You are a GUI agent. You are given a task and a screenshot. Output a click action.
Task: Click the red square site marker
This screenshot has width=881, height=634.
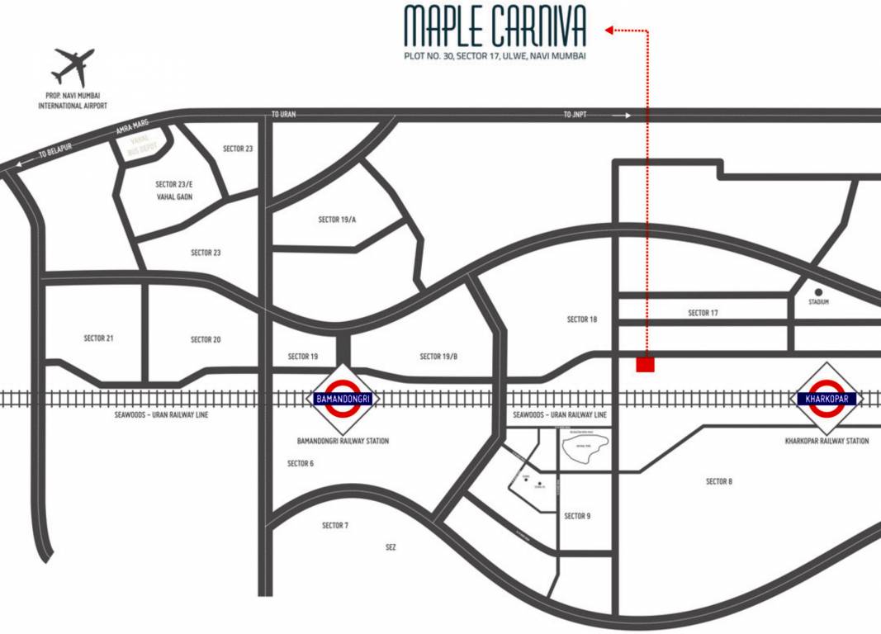645,364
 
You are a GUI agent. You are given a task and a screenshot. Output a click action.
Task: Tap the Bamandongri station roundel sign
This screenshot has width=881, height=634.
343,399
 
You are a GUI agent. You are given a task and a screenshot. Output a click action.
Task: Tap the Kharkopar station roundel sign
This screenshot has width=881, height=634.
828,399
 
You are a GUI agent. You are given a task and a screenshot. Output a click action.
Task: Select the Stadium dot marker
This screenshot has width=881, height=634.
818,291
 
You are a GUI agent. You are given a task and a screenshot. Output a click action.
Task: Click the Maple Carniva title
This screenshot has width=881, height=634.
495,27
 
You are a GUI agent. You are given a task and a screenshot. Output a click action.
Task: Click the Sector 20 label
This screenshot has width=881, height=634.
206,339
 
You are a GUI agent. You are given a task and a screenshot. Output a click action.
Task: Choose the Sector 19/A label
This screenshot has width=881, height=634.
337,220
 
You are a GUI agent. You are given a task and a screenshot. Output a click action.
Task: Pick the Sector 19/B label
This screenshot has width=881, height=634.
438,357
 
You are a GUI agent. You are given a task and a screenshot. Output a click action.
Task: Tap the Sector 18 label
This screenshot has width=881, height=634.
582,319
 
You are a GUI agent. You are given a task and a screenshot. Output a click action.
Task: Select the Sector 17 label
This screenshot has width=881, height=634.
703,313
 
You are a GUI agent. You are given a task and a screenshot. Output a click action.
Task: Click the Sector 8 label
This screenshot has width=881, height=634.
718,481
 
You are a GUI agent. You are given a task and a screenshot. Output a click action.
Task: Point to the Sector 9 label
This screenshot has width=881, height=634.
577,516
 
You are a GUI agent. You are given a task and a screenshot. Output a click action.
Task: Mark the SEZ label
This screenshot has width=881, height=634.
391,547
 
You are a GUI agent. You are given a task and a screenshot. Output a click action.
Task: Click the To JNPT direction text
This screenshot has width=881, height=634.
575,115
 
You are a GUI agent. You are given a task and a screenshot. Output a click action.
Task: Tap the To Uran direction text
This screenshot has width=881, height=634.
282,115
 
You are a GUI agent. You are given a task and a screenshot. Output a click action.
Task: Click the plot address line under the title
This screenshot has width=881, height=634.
495,56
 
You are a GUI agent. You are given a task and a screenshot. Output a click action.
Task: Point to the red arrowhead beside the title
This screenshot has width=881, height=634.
609,31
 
